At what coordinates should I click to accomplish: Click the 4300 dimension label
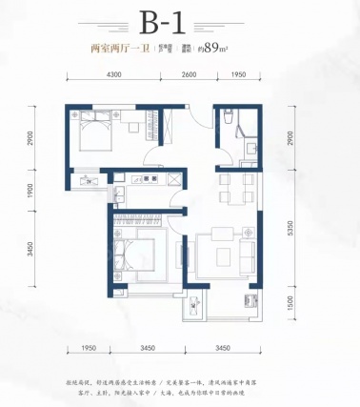click(x=115, y=74)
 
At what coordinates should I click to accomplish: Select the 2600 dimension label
click(x=189, y=74)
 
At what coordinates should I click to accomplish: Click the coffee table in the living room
click(x=222, y=254)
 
